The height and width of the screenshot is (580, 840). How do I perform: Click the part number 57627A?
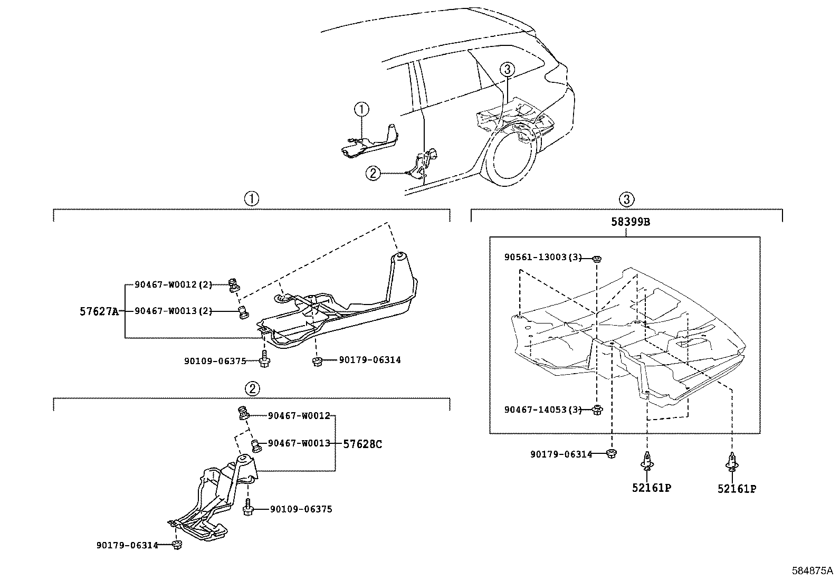[x=99, y=311]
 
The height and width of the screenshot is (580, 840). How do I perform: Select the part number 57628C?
[x=362, y=444]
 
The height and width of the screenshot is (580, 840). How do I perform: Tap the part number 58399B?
[x=631, y=222]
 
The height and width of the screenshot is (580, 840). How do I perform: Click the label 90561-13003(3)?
[x=542, y=258]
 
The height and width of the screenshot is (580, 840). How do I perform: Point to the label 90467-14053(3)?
[x=542, y=410]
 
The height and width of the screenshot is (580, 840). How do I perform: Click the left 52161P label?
[x=651, y=488]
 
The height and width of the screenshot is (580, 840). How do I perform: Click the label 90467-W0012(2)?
[x=173, y=285]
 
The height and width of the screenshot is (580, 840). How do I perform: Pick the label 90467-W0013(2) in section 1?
[x=173, y=311]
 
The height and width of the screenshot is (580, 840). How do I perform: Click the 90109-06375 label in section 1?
[x=215, y=362]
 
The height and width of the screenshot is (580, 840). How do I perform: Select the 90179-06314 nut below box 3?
[x=611, y=454]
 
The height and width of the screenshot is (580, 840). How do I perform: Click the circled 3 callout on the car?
[x=507, y=69]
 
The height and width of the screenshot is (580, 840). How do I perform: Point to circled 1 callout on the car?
[x=361, y=109]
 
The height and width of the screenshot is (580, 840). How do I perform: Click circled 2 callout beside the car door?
[x=373, y=173]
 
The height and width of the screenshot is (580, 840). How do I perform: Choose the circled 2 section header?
[x=252, y=389]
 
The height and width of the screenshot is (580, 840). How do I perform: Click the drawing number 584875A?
[x=812, y=571]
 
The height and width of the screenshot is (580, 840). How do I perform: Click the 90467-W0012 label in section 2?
[x=299, y=416]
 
